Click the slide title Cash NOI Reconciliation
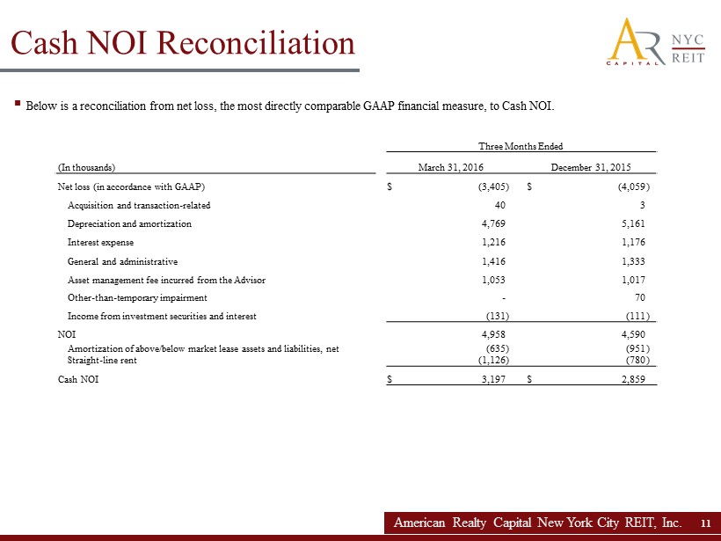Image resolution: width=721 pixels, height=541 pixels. click(x=182, y=42)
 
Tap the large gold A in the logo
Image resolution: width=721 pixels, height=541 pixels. click(x=630, y=40)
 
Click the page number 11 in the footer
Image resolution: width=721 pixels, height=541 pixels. click(x=705, y=523)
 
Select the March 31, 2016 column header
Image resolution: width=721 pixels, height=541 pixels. click(x=450, y=167)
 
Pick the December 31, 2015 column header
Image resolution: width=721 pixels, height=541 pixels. click(x=590, y=167)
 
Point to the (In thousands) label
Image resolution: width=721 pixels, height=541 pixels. click(x=86, y=167)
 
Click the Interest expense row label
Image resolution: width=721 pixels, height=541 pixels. click(x=100, y=242)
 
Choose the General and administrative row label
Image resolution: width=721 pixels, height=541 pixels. click(x=122, y=261)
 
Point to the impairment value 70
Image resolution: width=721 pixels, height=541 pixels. click(x=639, y=298)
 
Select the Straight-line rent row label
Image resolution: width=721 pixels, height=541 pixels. click(x=102, y=359)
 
